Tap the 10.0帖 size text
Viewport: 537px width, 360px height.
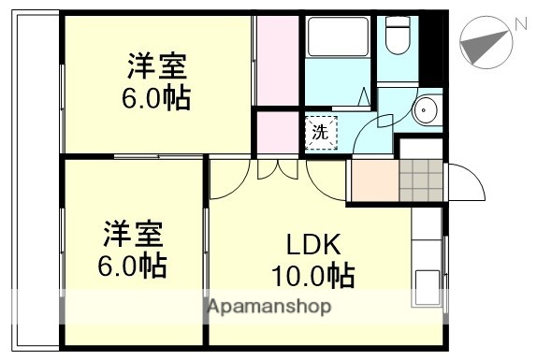312,277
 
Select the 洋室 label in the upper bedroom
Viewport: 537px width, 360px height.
157,67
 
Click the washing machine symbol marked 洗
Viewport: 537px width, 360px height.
319,132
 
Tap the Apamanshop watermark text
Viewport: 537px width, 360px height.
268,307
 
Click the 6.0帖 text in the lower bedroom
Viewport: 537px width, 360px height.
132,265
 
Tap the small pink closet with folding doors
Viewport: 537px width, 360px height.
277,132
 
